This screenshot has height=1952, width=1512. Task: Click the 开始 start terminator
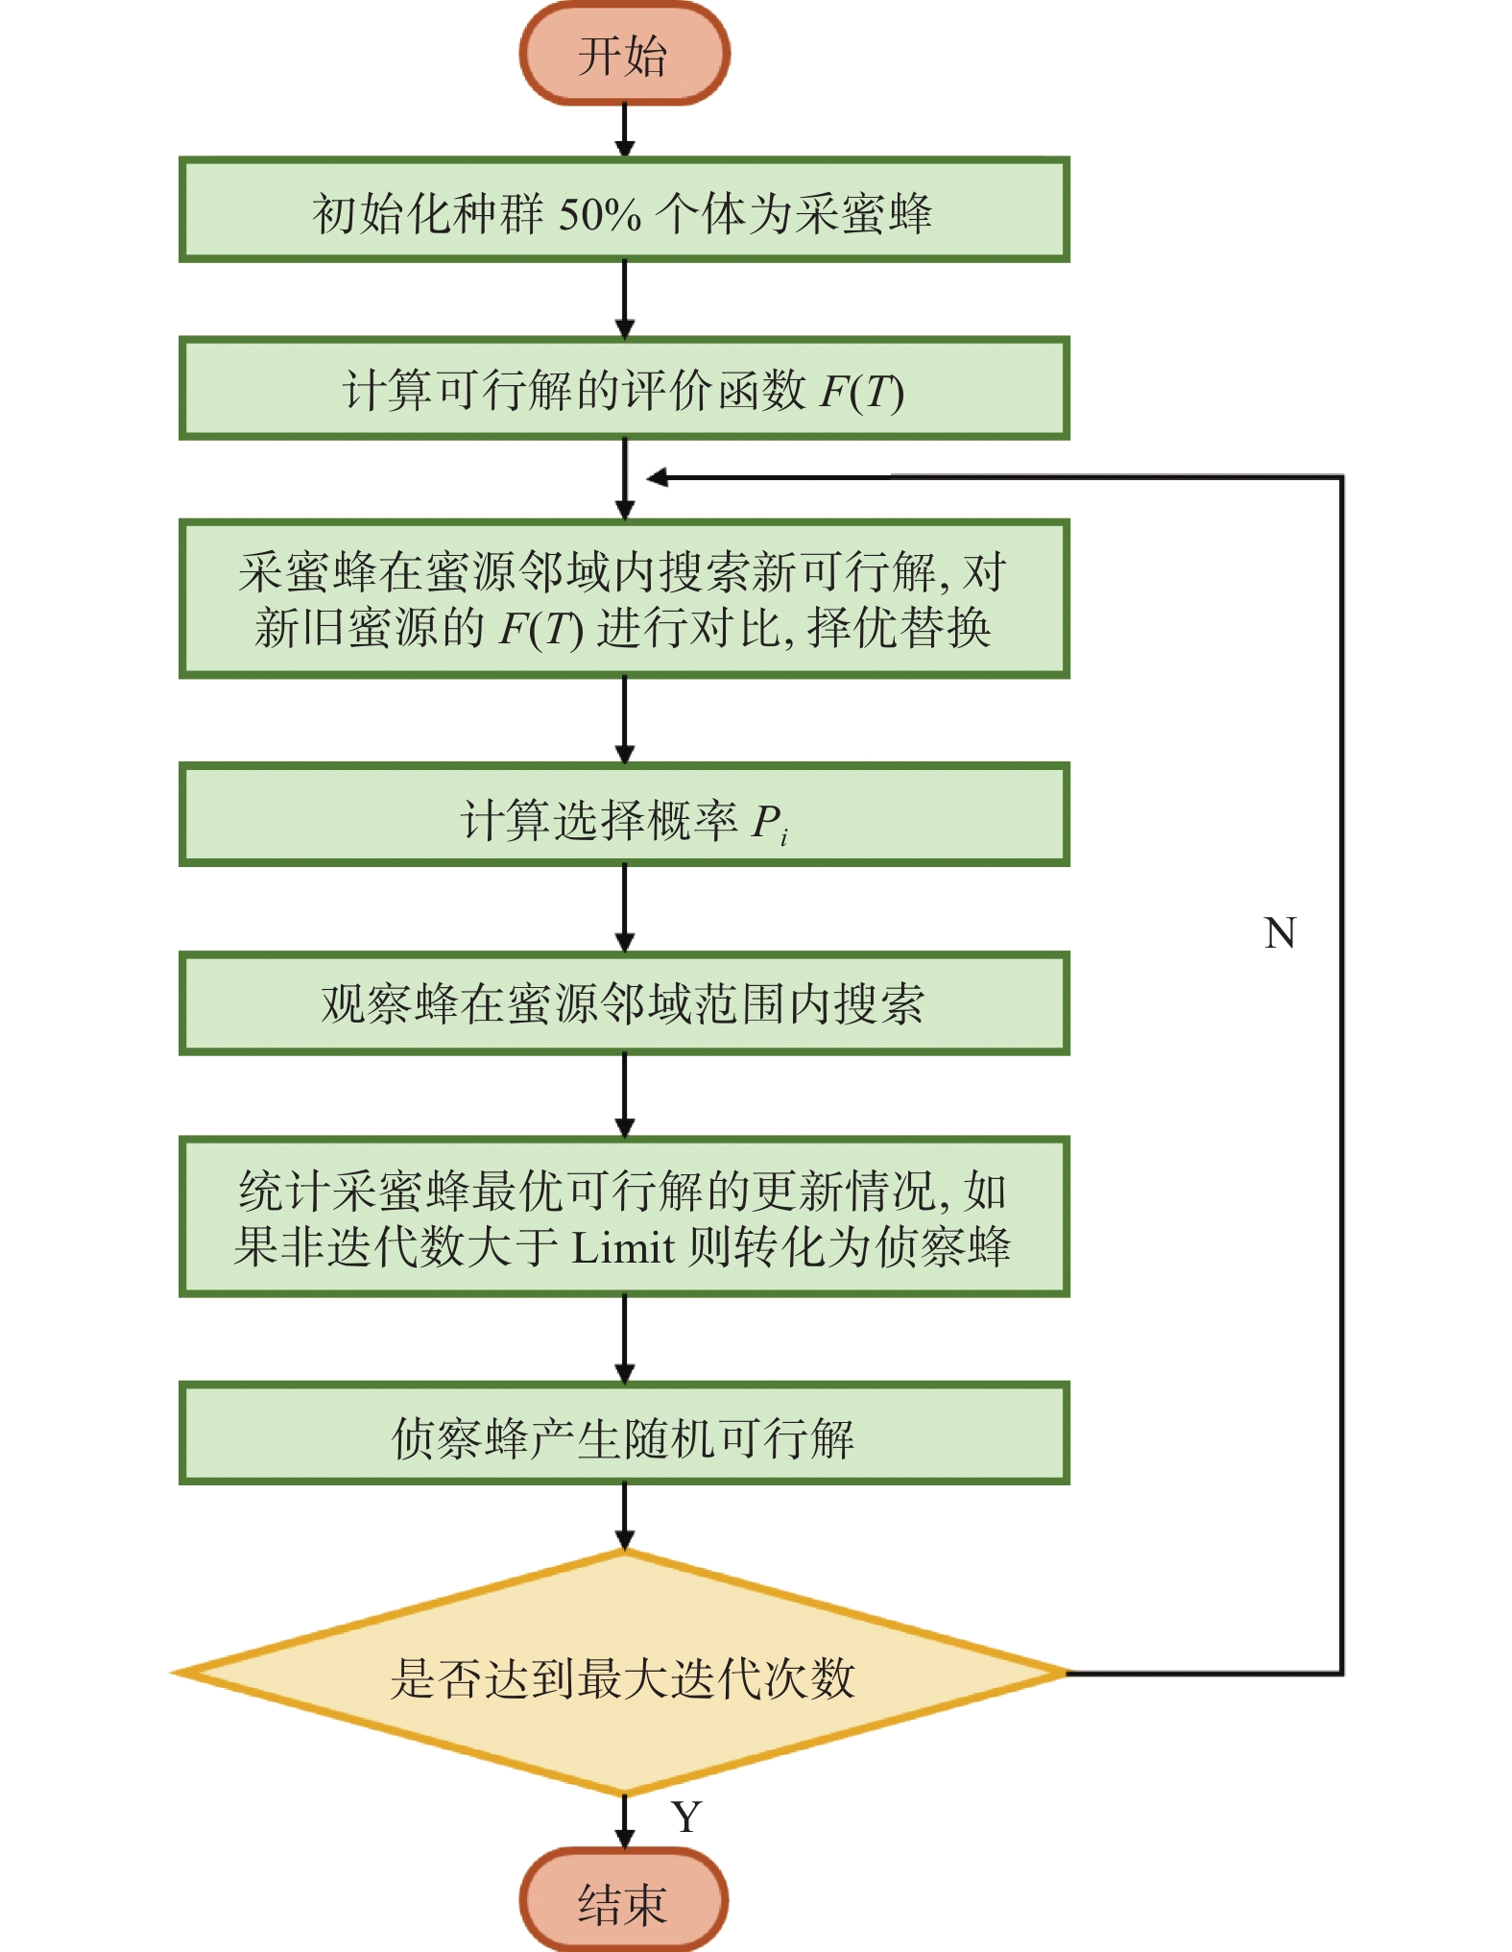pos(624,53)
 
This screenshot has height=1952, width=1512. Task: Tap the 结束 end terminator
pos(624,1901)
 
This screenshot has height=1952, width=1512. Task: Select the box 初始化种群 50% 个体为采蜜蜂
pos(624,210)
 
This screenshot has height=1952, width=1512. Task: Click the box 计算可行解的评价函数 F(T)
pos(624,389)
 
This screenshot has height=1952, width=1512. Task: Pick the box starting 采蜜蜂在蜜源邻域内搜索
pos(624,599)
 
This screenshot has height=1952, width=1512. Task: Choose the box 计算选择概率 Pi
pos(624,815)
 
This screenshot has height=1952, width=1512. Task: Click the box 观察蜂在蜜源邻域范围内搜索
pos(624,1004)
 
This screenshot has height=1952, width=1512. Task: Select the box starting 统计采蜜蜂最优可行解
pos(624,1217)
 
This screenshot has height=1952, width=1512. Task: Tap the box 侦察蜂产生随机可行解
pos(624,1434)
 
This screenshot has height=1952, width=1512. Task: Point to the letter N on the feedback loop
pos(1281,933)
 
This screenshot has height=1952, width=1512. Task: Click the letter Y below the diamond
pos(686,1817)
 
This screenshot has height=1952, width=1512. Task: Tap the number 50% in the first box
pos(600,214)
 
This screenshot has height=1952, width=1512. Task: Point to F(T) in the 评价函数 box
pos(861,392)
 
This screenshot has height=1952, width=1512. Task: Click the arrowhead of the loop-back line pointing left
pos(658,477)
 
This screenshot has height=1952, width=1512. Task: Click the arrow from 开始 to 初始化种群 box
pos(625,131)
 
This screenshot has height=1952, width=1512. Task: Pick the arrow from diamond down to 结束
pos(625,1822)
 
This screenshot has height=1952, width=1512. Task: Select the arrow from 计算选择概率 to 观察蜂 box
pos(625,909)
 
